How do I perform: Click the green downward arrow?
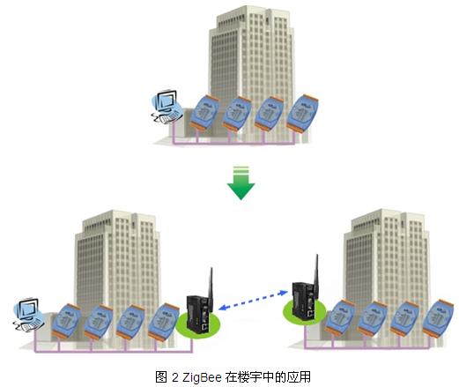[x=241, y=182]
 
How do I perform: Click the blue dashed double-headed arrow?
[x=253, y=300]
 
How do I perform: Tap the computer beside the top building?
[x=167, y=108]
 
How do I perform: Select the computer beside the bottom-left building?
[x=28, y=315]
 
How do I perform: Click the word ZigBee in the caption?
[x=202, y=377]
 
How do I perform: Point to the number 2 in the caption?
[x=175, y=377]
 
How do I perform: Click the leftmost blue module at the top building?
[x=204, y=113]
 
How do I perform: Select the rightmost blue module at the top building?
[x=302, y=114]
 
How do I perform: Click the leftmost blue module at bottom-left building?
[x=66, y=321]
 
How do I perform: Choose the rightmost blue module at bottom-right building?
[x=438, y=318]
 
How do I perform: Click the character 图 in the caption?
[x=161, y=377]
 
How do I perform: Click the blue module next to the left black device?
[x=163, y=323]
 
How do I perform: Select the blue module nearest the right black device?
[x=339, y=318]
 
